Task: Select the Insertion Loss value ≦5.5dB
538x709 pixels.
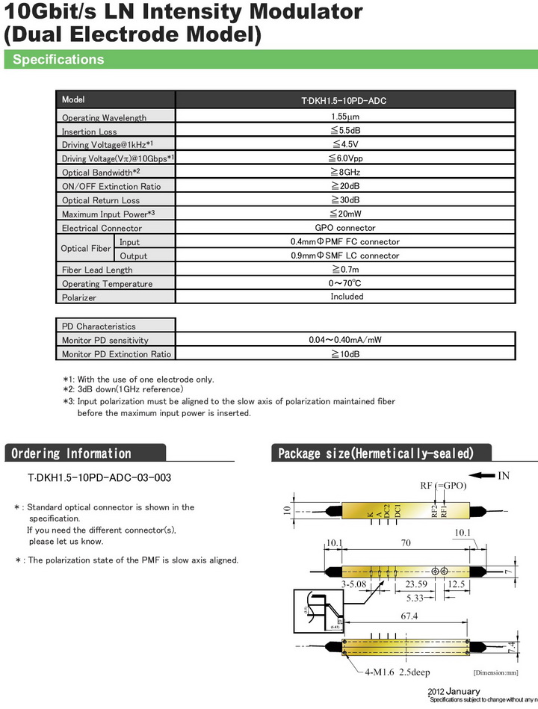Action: pos(346,131)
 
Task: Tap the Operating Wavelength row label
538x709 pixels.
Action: pos(104,118)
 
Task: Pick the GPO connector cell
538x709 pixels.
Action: pos(345,228)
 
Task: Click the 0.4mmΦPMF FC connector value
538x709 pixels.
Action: pos(345,242)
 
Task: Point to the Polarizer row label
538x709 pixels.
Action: pos(79,297)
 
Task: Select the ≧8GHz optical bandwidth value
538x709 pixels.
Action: pos(345,173)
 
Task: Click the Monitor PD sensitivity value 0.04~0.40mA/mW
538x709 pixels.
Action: pos(345,340)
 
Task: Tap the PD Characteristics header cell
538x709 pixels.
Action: pos(99,326)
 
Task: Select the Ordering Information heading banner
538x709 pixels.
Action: pos(72,453)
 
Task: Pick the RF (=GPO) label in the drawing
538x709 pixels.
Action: pos(443,486)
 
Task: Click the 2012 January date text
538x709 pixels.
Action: pos(454,691)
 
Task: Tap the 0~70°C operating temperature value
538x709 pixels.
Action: pos(345,283)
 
